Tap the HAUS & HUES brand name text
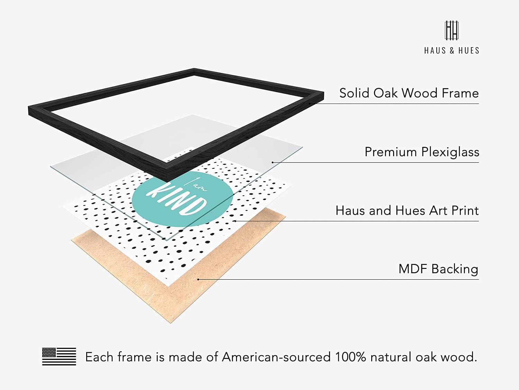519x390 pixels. point(452,51)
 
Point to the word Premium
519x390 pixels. point(391,152)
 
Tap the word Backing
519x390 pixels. point(455,269)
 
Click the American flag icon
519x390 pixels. point(59,356)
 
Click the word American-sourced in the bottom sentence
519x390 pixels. point(276,357)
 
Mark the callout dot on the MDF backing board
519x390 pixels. point(198,279)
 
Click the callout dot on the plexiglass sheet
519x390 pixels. point(272,163)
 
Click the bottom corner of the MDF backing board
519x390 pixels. point(170,323)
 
